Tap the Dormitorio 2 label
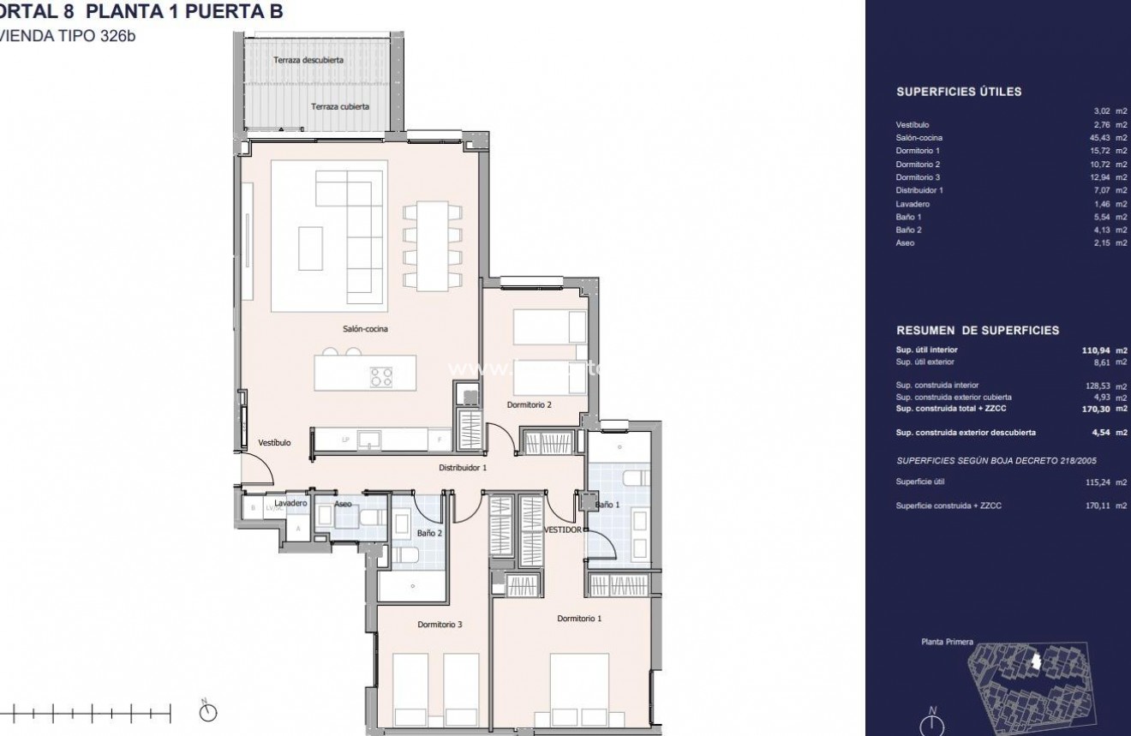pyautogui.click(x=528, y=405)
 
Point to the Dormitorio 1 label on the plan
pyautogui.click(x=579, y=618)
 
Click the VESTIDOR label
pyautogui.click(x=563, y=530)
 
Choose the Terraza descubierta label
pyautogui.click(x=308, y=60)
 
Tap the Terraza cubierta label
pyautogui.click(x=340, y=107)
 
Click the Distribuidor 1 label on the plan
pyautogui.click(x=463, y=468)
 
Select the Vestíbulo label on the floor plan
pyautogui.click(x=274, y=443)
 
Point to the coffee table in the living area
pyautogui.click(x=311, y=248)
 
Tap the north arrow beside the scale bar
pyautogui.click(x=206, y=711)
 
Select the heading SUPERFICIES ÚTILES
pyautogui.click(x=958, y=93)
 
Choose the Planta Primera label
pyautogui.click(x=947, y=641)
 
